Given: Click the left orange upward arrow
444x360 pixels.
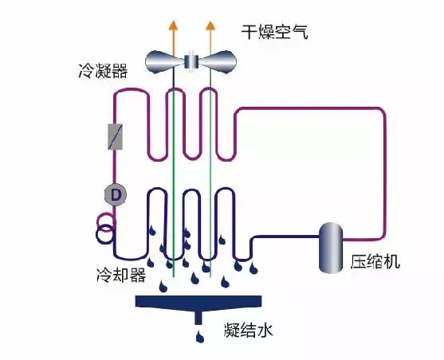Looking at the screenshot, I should click(x=172, y=32).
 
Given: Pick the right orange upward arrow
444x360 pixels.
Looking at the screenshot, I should click(x=210, y=32).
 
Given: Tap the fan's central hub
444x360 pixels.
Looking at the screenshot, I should click(x=191, y=61).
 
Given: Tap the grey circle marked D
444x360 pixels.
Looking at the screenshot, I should click(x=115, y=194).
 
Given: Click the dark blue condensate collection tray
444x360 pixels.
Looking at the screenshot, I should click(x=198, y=302).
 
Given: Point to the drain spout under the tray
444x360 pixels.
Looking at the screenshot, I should click(x=198, y=318).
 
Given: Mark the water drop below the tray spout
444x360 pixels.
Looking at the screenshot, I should click(x=198, y=338).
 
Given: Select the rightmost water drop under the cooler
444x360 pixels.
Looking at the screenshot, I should click(x=254, y=268).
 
